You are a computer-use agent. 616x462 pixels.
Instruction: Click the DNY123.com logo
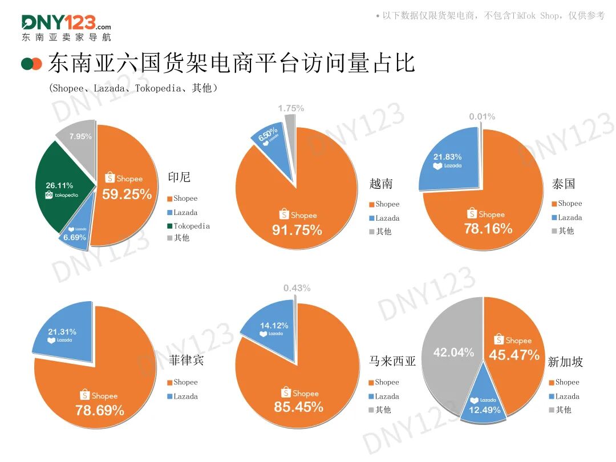pyautogui.click(x=66, y=27)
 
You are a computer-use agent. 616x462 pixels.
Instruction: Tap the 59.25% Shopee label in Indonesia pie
pyautogui.click(x=127, y=194)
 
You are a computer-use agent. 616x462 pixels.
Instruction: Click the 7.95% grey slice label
pyautogui.click(x=80, y=136)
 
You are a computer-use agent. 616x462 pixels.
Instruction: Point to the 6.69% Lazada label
pyautogui.click(x=74, y=237)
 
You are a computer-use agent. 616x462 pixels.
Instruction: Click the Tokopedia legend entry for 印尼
pyautogui.click(x=188, y=226)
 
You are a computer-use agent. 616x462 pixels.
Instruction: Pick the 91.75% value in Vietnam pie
pyautogui.click(x=297, y=230)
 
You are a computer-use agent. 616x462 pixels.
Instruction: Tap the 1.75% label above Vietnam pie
pyautogui.click(x=291, y=108)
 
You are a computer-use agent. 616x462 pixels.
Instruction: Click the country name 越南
pyautogui.click(x=381, y=184)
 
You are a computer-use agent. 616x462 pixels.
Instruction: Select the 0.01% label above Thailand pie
pyautogui.click(x=482, y=116)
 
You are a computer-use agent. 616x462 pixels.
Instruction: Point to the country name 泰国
pyautogui.click(x=564, y=184)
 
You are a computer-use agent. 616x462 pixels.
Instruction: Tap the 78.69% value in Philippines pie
pyautogui.click(x=100, y=410)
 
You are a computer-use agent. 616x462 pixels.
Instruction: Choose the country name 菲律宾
pyautogui.click(x=186, y=360)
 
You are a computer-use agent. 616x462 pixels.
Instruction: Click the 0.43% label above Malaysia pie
pyautogui.click(x=297, y=288)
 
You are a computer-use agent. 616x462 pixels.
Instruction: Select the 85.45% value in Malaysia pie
pyautogui.click(x=298, y=407)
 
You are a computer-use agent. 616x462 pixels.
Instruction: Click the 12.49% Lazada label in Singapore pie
pyautogui.click(x=484, y=410)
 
